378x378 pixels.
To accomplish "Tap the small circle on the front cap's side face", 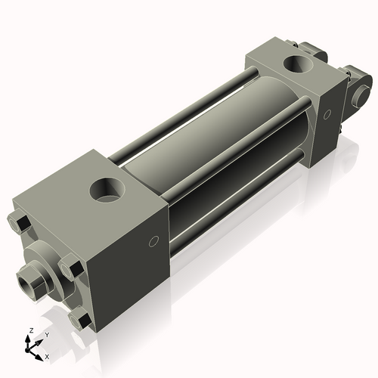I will pos(153,242).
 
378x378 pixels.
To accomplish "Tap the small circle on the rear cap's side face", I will pos(327,116).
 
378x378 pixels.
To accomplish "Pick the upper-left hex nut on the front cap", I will pos(20,225).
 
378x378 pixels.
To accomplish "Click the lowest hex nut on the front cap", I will pos(78,320).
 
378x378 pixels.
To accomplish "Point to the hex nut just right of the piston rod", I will pos(72,266).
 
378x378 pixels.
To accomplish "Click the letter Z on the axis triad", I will pos(30,330).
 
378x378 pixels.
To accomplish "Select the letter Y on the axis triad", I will pos(47,333).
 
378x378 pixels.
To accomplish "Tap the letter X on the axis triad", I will pos(47,355).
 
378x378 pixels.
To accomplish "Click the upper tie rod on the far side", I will pos(181,113).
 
